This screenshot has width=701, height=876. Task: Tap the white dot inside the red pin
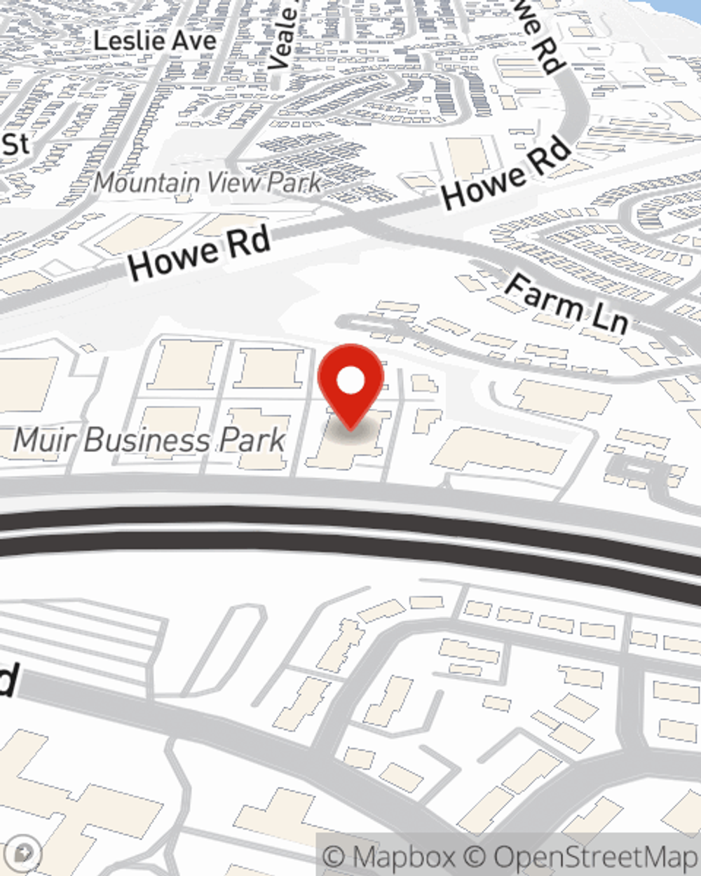pos(350,381)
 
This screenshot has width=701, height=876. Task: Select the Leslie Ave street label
pos(154,41)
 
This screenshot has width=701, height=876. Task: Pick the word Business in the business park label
pos(149,440)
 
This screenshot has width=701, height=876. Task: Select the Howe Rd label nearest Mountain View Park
pos(200,254)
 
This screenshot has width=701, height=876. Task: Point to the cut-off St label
pos(15,144)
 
